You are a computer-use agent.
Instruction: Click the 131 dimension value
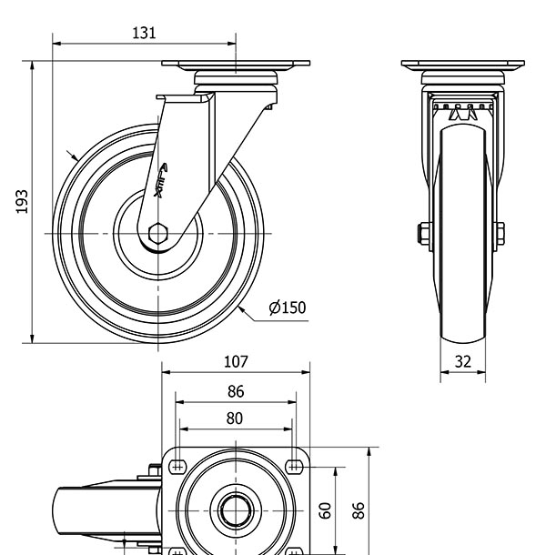pyautogui.click(x=144, y=33)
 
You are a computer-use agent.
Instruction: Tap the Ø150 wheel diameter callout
pyautogui.click(x=288, y=308)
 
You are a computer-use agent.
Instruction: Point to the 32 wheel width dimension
pyautogui.click(x=463, y=361)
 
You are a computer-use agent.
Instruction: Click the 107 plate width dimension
pyautogui.click(x=236, y=361)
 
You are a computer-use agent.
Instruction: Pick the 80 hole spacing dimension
pyautogui.click(x=235, y=419)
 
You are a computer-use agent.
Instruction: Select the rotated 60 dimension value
pyautogui.click(x=326, y=510)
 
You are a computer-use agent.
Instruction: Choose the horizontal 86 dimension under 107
pyautogui.click(x=235, y=392)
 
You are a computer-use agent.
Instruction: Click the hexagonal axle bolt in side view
pyautogui.click(x=157, y=233)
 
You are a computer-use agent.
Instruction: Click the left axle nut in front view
pyautogui.click(x=424, y=234)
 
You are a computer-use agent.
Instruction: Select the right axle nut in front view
pyautogui.click(x=500, y=234)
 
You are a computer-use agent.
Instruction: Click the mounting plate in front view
pyautogui.click(x=463, y=66)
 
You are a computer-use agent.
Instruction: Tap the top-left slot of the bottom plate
pyautogui.click(x=177, y=467)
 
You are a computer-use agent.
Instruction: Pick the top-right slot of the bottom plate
pyautogui.click(x=293, y=467)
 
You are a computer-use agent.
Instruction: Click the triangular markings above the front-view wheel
pyautogui.click(x=462, y=114)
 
